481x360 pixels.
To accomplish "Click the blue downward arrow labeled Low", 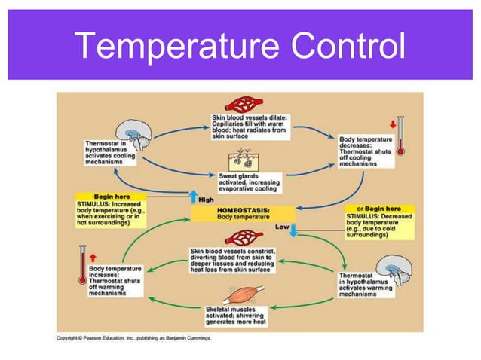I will pyautogui.click(x=293, y=230).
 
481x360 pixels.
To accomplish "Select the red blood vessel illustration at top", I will pyautogui.click(x=242, y=104).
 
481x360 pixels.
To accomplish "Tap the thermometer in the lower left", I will pyautogui.click(x=80, y=266).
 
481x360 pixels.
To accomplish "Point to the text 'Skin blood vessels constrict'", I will pyautogui.click(x=243, y=250).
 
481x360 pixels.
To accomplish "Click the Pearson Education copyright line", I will pyautogui.click(x=134, y=337).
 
